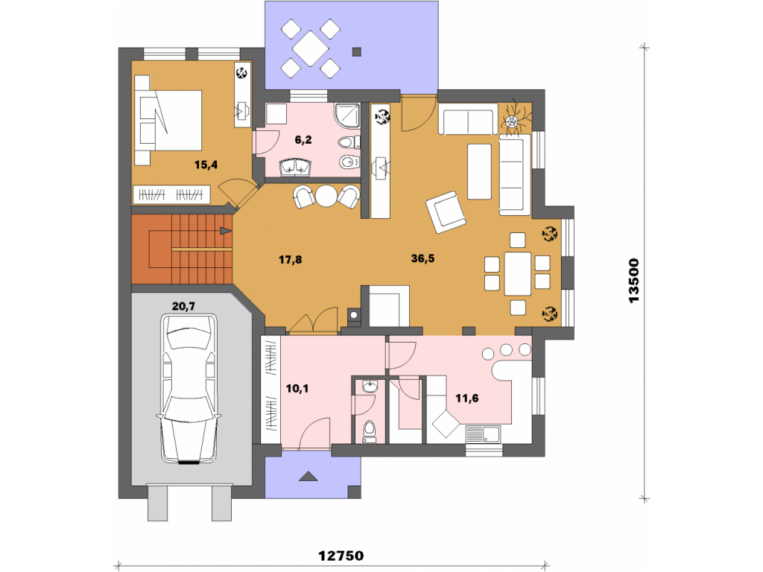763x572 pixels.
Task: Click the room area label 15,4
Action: point(206,165)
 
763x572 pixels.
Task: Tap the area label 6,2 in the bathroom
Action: point(303,140)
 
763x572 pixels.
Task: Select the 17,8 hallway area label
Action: point(290,260)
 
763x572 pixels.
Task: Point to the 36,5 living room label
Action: point(422,258)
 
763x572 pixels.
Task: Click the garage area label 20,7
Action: point(183,306)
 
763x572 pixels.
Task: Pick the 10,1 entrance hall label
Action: point(297,389)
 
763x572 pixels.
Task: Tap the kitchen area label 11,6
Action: point(466,398)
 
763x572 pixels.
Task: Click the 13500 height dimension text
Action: point(633,281)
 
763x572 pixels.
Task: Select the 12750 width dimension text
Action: point(341,556)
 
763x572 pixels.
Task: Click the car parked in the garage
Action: point(189,389)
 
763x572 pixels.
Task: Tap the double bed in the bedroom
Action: point(168,120)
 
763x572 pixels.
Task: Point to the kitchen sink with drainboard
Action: point(483,434)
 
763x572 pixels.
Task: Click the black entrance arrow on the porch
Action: point(308,476)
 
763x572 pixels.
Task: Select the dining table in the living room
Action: point(517,273)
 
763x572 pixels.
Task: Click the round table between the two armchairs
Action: point(326,197)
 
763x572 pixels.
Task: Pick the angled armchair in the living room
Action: point(446,212)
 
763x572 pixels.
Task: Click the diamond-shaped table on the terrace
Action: point(310,48)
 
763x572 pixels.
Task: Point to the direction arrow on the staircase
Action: point(226,231)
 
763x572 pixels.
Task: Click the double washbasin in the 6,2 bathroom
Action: point(295,168)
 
